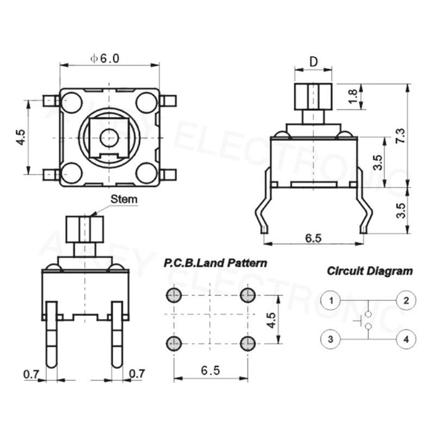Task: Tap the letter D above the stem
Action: pyautogui.click(x=313, y=61)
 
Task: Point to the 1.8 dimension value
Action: pyautogui.click(x=354, y=96)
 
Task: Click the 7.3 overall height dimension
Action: pyautogui.click(x=401, y=135)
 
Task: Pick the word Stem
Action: pyautogui.click(x=124, y=200)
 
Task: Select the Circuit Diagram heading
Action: pyautogui.click(x=370, y=270)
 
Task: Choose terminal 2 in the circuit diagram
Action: pyautogui.click(x=405, y=300)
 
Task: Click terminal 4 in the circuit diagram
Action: pyautogui.click(x=405, y=339)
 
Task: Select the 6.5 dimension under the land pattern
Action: pyautogui.click(x=210, y=371)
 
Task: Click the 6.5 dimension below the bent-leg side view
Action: pyautogui.click(x=313, y=238)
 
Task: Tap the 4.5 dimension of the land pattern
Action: pyautogui.click(x=272, y=321)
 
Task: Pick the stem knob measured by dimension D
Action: pyautogui.click(x=313, y=96)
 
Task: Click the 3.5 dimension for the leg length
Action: pyautogui.click(x=401, y=210)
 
